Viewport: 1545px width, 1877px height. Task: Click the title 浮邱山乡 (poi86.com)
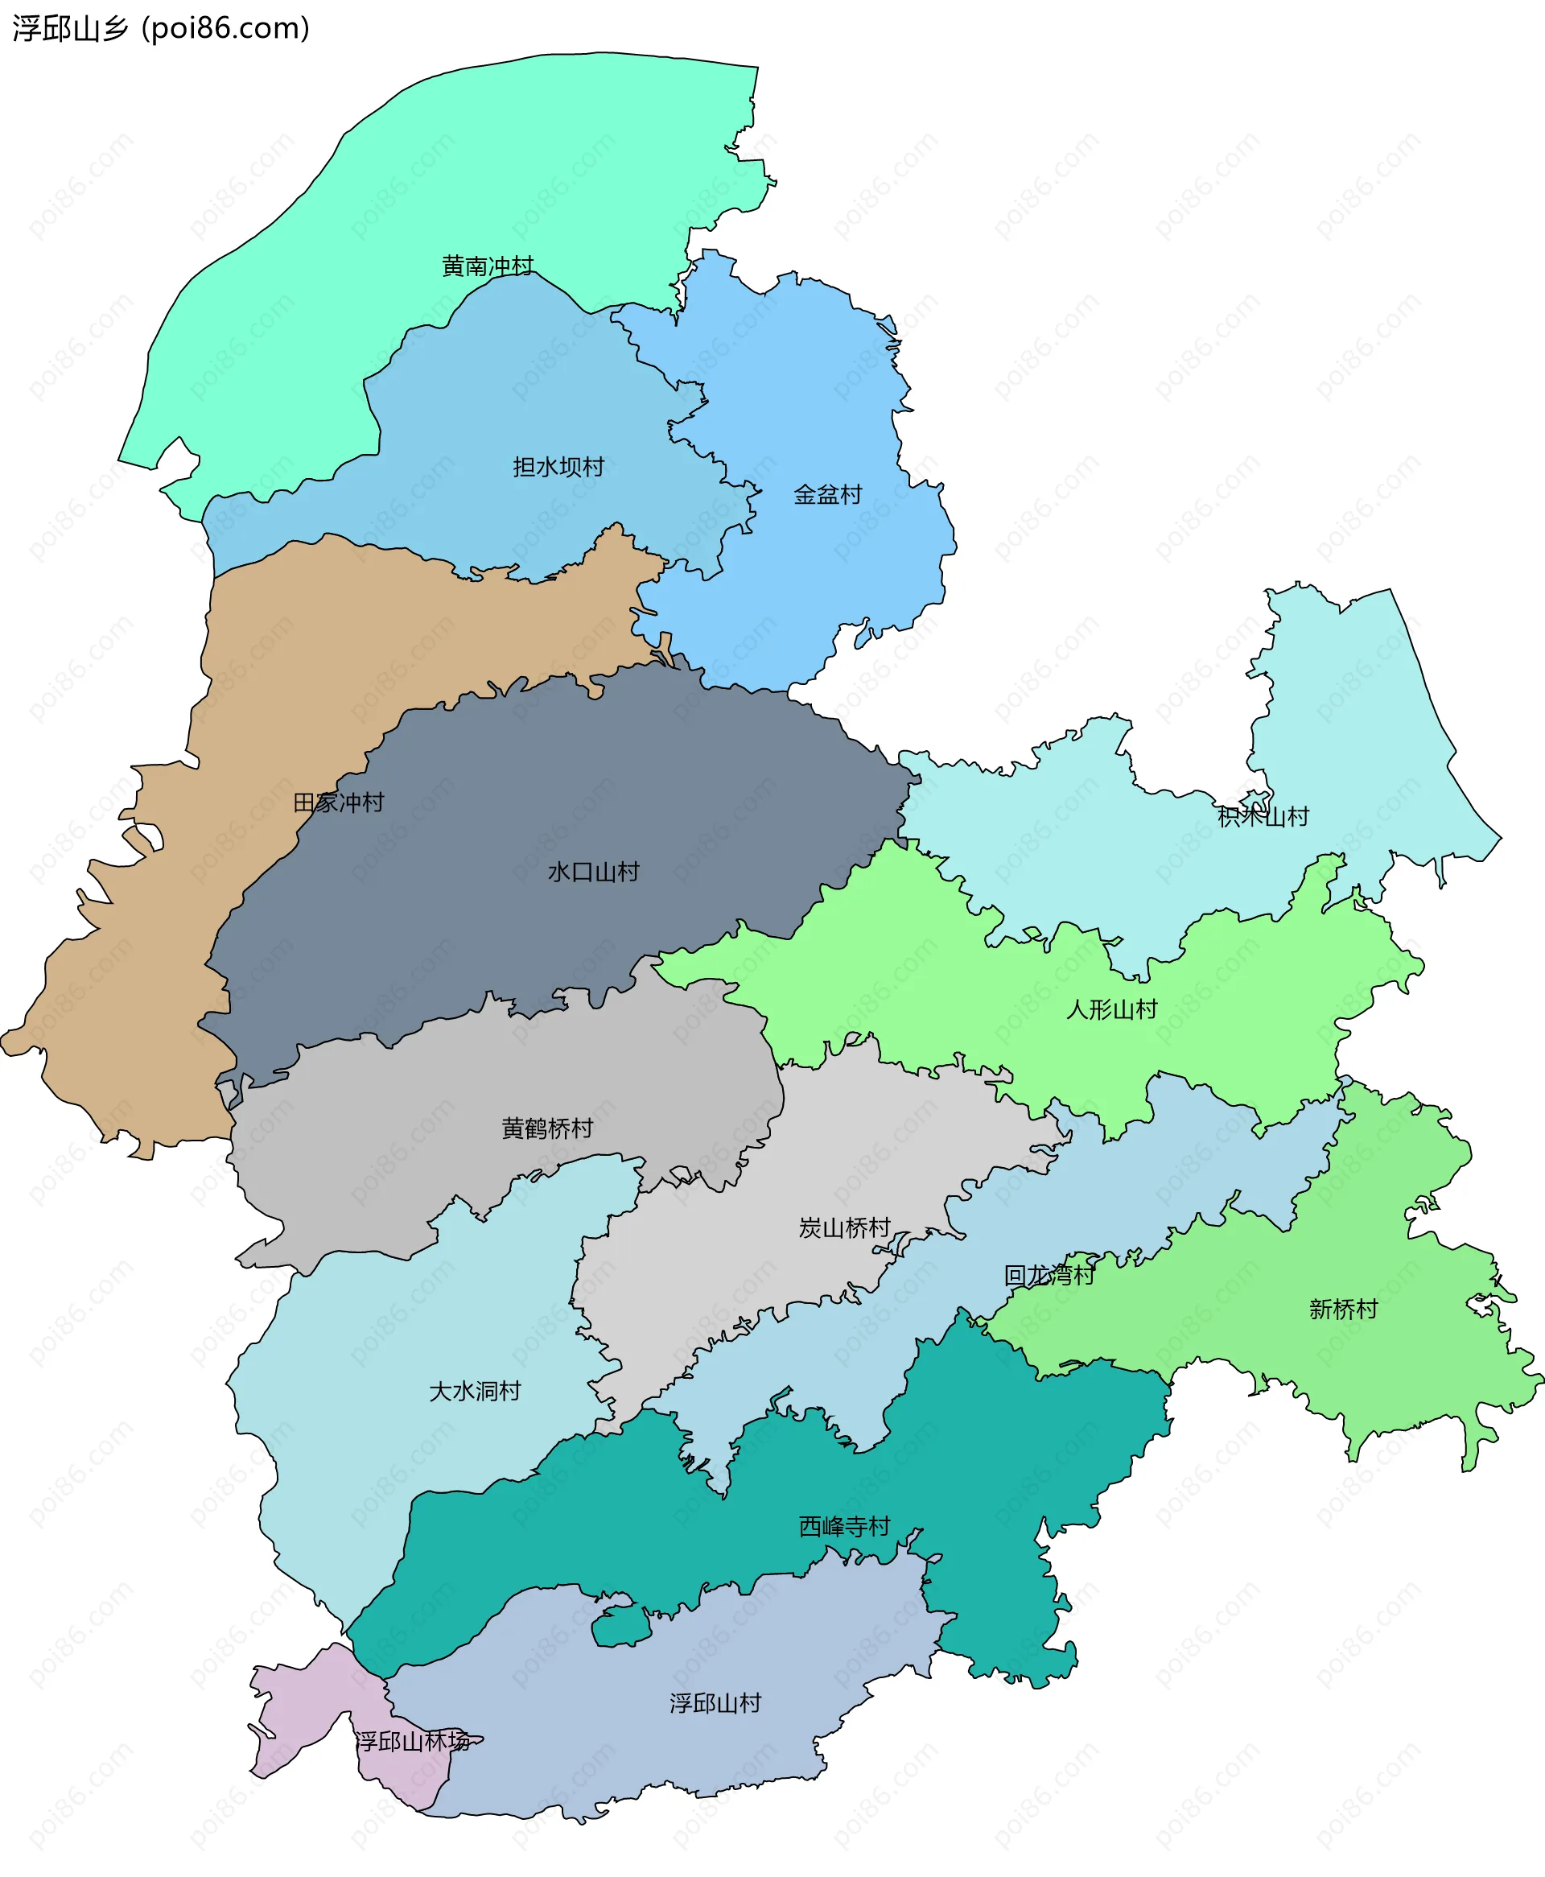coord(161,28)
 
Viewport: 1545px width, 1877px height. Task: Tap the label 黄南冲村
coord(487,266)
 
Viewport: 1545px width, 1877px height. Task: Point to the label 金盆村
coord(828,495)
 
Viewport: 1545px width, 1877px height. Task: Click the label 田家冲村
coord(338,802)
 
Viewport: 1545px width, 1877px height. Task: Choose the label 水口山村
coord(594,872)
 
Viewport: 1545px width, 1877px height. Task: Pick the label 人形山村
coord(1111,1009)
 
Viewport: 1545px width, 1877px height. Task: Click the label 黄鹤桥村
coord(547,1128)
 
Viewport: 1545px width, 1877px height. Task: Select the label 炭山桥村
coord(845,1228)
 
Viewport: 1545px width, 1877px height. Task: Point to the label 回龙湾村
coord(1049,1276)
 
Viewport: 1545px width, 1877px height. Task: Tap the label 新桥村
coord(1343,1310)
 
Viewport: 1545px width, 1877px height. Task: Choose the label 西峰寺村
coord(845,1526)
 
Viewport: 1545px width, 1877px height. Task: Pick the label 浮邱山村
coord(715,1703)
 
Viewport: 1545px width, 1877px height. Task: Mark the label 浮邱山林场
coord(413,1741)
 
